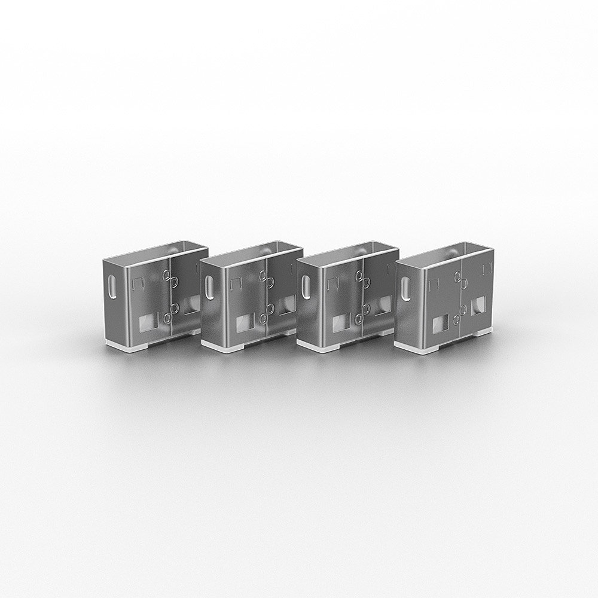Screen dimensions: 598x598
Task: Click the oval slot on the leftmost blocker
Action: pos(112,286)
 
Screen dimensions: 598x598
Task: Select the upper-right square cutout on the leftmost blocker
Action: pos(191,304)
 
